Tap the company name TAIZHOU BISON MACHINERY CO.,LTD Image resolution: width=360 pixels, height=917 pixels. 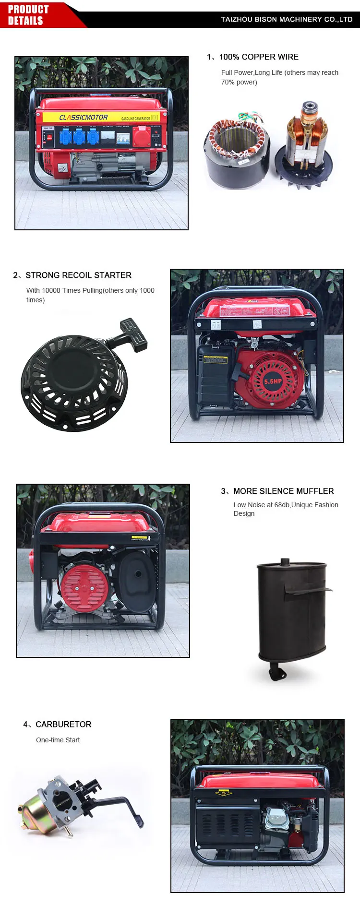[x=287, y=20]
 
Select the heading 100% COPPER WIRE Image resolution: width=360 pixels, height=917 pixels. [x=258, y=57]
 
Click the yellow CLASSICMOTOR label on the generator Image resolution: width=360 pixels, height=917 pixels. [x=84, y=118]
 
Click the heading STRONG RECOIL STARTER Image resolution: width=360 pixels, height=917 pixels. [x=78, y=275]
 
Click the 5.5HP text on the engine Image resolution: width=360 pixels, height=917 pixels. [x=273, y=381]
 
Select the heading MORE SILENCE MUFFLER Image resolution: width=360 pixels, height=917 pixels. [x=283, y=491]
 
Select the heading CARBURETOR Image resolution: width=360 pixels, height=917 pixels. [x=63, y=725]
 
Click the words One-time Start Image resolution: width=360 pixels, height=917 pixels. [x=58, y=740]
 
